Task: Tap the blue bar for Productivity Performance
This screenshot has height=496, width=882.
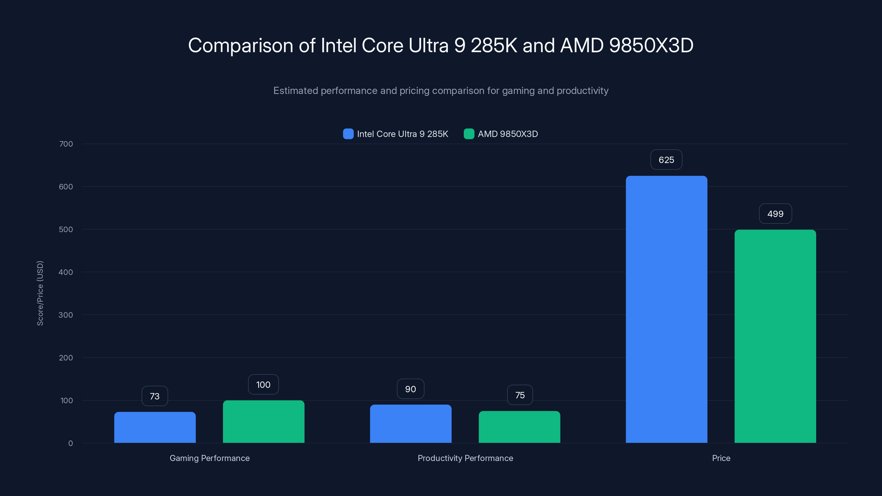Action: tap(410, 424)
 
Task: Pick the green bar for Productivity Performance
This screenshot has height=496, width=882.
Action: tap(519, 427)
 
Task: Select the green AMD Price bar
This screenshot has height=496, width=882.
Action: tap(775, 336)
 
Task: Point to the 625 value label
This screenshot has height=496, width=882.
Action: tap(666, 160)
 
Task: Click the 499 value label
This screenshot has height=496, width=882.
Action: tap(775, 214)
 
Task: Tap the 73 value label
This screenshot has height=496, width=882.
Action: tap(155, 396)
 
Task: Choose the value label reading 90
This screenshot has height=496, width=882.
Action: tap(410, 389)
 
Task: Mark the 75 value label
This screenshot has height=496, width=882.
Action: tap(520, 395)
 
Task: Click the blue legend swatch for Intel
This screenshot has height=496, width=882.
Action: tap(348, 134)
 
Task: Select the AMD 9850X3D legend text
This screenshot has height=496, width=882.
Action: tap(507, 134)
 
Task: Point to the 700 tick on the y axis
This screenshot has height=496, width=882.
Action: tap(66, 144)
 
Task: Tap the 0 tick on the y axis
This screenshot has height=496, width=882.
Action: tap(70, 443)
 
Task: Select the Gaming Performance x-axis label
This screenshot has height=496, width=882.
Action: tap(209, 458)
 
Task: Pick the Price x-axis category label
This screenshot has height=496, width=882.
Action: tap(721, 458)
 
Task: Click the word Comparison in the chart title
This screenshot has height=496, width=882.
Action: tap(240, 45)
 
